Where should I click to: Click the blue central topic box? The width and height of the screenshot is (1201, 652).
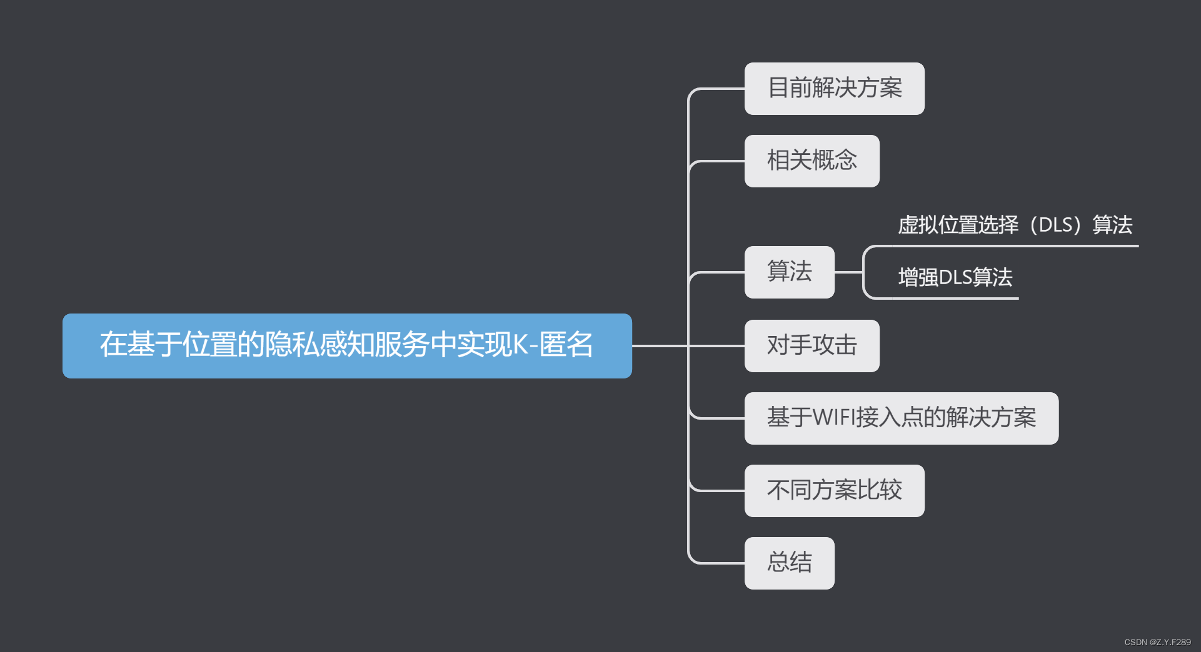tap(347, 345)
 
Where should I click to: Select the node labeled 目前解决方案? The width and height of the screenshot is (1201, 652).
tap(834, 89)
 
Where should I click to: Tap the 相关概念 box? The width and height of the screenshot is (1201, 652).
tap(812, 161)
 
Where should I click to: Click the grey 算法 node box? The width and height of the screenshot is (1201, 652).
tap(789, 272)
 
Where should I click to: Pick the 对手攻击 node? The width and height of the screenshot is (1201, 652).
tap(812, 345)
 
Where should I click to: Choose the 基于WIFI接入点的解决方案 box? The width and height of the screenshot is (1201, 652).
tap(901, 418)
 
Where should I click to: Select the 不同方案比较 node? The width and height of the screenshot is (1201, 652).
tap(834, 490)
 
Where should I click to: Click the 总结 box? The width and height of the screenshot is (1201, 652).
tap(789, 563)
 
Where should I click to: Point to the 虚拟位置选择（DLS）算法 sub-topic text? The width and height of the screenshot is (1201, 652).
tap(1015, 225)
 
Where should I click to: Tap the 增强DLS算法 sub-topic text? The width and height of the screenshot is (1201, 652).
tap(955, 277)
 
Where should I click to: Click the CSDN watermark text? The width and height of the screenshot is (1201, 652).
tap(1157, 642)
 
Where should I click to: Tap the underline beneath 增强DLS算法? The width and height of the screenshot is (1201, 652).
tap(950, 299)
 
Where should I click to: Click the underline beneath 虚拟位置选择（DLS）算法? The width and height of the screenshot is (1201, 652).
tap(1013, 246)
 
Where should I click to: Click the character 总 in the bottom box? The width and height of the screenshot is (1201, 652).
tap(778, 563)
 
